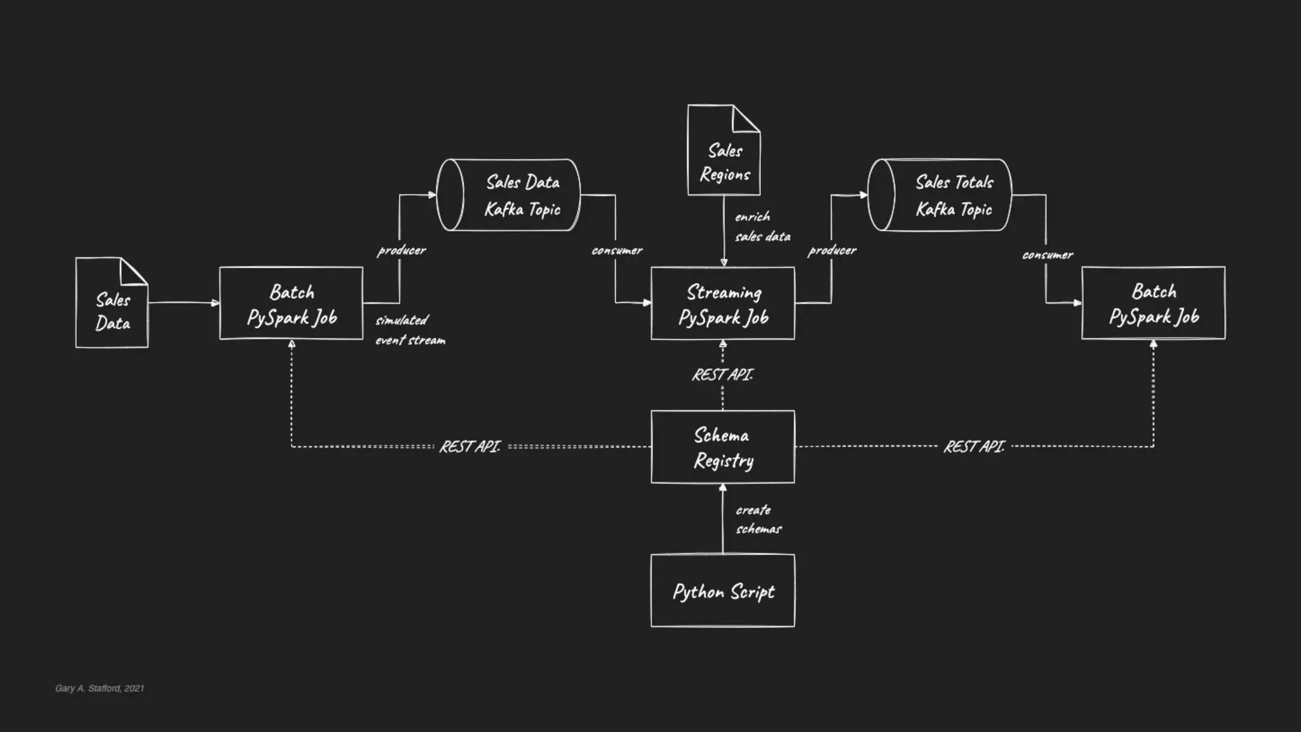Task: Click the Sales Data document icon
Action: (112, 304)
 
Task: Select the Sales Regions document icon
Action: (724, 151)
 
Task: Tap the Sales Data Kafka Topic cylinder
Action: (509, 195)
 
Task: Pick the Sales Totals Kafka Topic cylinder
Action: (940, 195)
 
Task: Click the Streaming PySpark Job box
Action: (723, 304)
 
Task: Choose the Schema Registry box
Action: (723, 447)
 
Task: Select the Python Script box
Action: (723, 590)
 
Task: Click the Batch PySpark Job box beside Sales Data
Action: (292, 304)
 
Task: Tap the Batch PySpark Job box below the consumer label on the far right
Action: (1154, 303)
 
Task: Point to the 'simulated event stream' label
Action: (410, 330)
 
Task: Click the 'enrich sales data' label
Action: (762, 226)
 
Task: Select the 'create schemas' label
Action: (758, 519)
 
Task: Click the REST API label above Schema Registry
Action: (722, 375)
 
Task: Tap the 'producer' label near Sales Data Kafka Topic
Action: (401, 250)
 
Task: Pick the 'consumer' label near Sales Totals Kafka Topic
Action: (1047, 255)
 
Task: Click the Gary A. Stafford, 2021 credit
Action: (100, 688)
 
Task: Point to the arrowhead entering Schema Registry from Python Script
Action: (723, 488)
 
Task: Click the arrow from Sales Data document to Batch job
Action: (184, 303)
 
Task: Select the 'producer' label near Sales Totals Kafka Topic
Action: (832, 250)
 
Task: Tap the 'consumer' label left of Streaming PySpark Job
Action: (617, 250)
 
